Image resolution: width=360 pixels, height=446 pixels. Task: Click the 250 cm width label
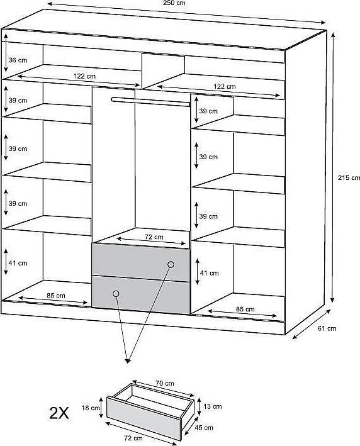click(174, 3)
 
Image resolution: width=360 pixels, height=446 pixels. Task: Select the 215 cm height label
click(349, 178)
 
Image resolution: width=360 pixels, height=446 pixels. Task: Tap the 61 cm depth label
click(327, 328)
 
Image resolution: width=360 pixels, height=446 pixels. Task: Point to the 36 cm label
click(18, 60)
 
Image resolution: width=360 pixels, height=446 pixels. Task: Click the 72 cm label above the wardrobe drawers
click(154, 237)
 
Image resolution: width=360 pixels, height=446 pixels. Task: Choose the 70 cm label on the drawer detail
click(164, 383)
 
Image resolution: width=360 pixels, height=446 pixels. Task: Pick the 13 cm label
click(212, 406)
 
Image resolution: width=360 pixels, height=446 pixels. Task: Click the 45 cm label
click(204, 428)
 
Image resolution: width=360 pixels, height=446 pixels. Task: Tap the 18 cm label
click(91, 408)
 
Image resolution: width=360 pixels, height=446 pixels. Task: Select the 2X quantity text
click(59, 413)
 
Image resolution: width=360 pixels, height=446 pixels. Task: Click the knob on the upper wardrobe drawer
click(171, 265)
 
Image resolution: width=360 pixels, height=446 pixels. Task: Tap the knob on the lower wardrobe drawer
click(116, 294)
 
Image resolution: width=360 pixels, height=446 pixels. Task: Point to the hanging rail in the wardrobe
click(150, 102)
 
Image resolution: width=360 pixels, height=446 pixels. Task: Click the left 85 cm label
click(56, 296)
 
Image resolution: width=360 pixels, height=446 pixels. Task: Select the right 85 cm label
click(245, 309)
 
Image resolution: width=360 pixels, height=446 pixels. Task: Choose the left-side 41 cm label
click(18, 263)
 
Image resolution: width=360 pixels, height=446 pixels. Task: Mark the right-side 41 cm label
click(209, 273)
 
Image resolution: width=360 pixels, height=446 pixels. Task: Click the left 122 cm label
click(84, 76)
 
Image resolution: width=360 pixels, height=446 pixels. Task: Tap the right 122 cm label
click(225, 86)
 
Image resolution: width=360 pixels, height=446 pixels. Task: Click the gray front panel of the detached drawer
click(143, 418)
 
